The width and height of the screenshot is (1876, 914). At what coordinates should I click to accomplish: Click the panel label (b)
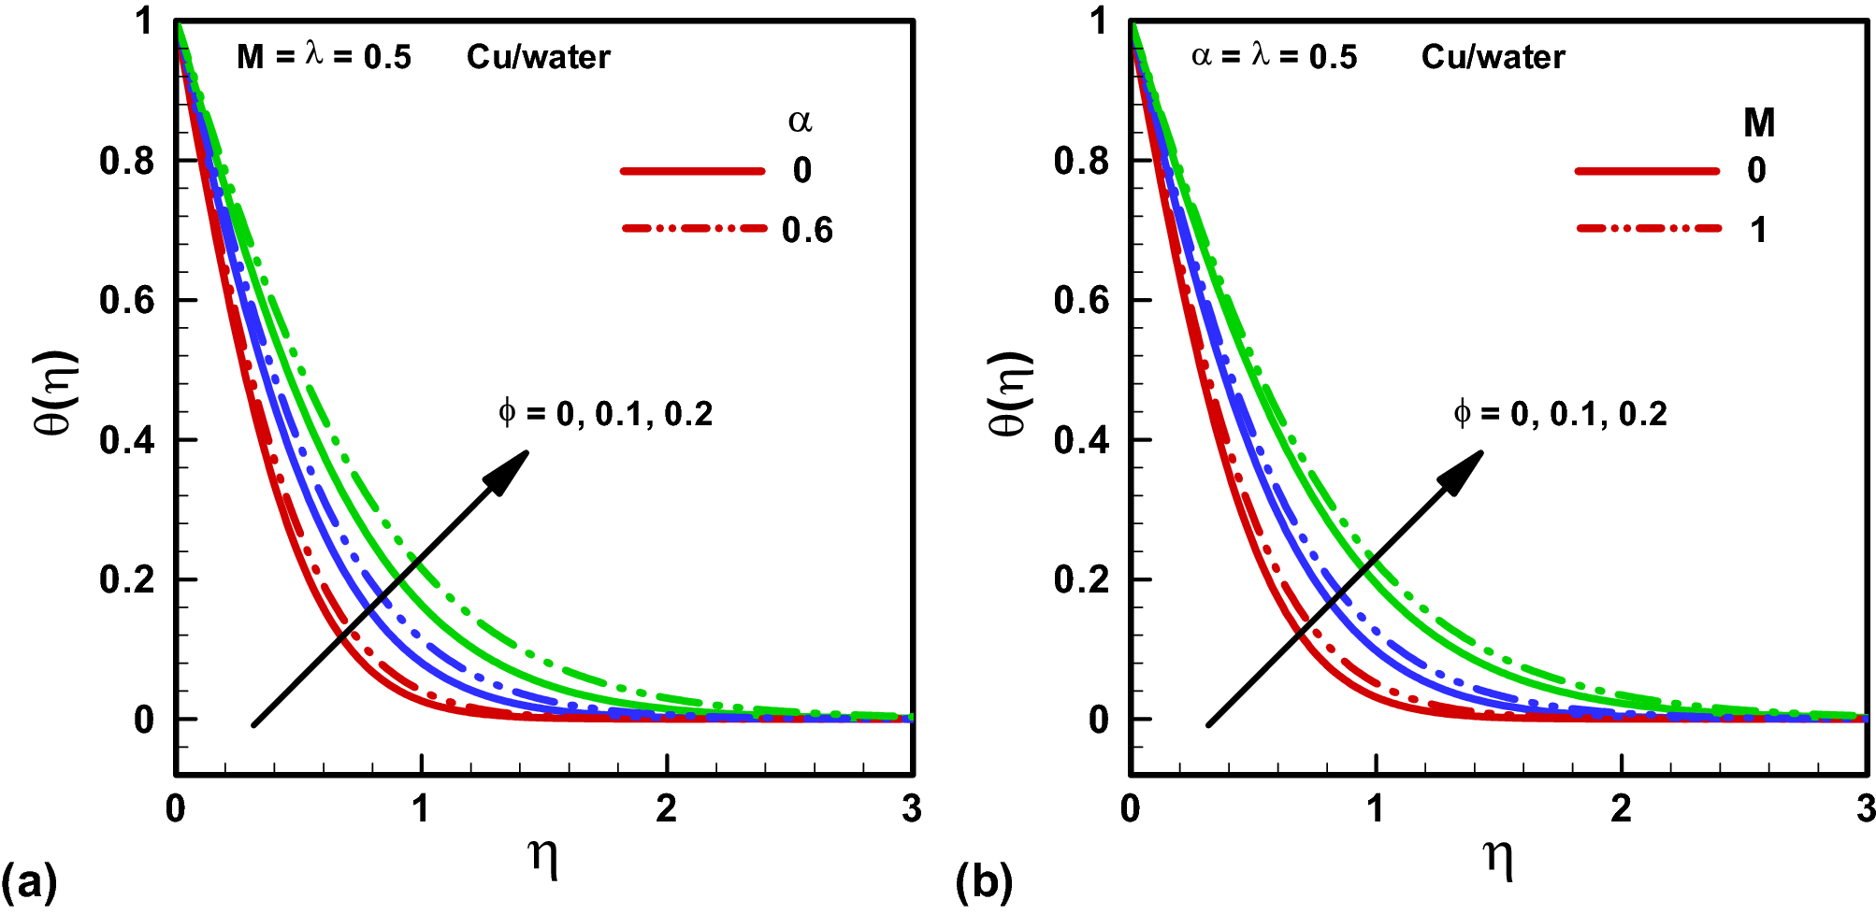(984, 881)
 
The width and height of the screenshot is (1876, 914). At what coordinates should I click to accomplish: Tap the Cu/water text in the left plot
(538, 57)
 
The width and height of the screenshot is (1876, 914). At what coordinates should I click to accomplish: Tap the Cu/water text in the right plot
(1493, 57)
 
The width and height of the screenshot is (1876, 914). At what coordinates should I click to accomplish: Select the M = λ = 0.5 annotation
(324, 57)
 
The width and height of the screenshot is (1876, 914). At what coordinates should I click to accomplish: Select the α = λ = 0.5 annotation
(1274, 57)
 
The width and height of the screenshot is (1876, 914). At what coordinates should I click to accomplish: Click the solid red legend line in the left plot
(692, 171)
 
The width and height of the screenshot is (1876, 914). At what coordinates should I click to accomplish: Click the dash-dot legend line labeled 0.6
(694, 229)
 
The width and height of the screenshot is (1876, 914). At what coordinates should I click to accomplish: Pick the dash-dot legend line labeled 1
(1648, 229)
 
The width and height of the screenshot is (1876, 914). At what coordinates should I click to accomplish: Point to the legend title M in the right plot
(1758, 122)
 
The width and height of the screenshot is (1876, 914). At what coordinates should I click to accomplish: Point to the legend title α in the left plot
(800, 121)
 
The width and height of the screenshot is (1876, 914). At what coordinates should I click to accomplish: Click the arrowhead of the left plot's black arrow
(510, 469)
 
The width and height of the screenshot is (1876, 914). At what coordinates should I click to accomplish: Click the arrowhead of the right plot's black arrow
(1464, 469)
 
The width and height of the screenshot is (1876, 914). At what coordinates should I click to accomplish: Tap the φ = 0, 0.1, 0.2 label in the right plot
(1560, 413)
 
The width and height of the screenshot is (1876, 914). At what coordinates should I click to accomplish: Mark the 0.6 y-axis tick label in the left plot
(126, 300)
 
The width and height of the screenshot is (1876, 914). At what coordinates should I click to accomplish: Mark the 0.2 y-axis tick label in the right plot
(1081, 579)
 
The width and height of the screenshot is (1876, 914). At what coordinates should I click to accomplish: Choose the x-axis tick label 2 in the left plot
(666, 808)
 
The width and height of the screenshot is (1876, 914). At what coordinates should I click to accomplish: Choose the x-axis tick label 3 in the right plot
(1865, 808)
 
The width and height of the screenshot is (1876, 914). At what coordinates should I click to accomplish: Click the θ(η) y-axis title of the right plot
(1010, 393)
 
